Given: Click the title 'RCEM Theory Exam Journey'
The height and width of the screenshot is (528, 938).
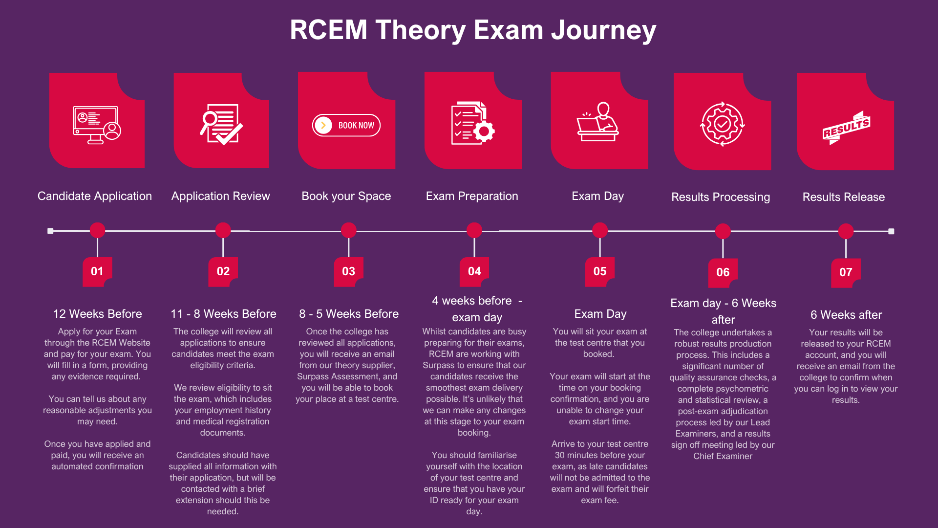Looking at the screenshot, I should pyautogui.click(x=472, y=30).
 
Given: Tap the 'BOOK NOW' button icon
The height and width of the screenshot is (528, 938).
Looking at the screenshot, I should pyautogui.click(x=346, y=125).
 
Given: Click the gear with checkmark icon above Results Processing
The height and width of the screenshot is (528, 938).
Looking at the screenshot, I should pyautogui.click(x=722, y=124).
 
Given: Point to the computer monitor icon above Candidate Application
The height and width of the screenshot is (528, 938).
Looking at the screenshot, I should pyautogui.click(x=97, y=125).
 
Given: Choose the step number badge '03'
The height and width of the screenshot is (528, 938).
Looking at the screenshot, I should pyautogui.click(x=348, y=271).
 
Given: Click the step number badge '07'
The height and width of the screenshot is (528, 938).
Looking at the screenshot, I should pyautogui.click(x=846, y=272).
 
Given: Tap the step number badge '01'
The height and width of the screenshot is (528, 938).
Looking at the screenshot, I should pyautogui.click(x=97, y=271).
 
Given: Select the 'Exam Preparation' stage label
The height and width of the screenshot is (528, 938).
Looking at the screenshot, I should pyautogui.click(x=472, y=196).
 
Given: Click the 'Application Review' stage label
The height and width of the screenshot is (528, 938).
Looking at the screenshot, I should pyautogui.click(x=220, y=196).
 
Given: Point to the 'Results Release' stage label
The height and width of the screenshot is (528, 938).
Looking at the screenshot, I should pyautogui.click(x=843, y=197).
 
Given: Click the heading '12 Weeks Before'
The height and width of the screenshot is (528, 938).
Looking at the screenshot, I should pyautogui.click(x=97, y=314).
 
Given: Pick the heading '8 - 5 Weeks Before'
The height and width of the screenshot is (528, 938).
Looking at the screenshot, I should pyautogui.click(x=349, y=314).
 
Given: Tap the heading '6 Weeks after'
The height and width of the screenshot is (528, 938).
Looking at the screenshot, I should pyautogui.click(x=846, y=315).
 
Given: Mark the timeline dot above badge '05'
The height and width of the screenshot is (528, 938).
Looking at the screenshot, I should pyautogui.click(x=600, y=230).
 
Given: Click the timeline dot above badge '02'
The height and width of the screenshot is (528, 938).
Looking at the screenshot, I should pyautogui.click(x=223, y=230).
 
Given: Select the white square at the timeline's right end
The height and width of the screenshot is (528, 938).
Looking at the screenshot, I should pyautogui.click(x=891, y=231).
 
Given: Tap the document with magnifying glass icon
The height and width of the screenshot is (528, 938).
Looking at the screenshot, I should pyautogui.click(x=221, y=124).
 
